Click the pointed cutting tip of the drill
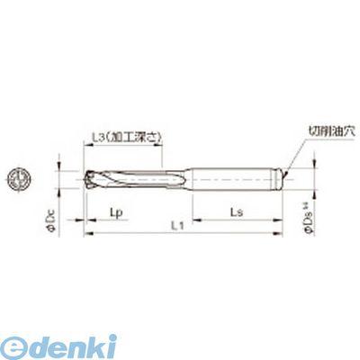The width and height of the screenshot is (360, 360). pos(87,177)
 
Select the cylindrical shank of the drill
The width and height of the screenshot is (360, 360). pos(243,177)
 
